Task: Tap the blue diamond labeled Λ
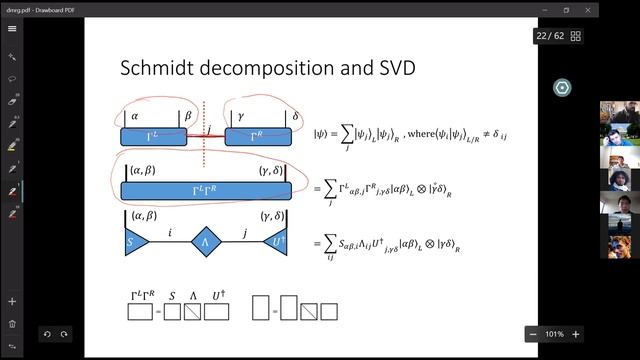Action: click(x=205, y=241)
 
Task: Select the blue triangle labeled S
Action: click(x=131, y=241)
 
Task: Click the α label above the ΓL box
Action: click(x=134, y=116)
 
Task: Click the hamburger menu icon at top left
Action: click(x=12, y=28)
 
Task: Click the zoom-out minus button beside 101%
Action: click(x=535, y=334)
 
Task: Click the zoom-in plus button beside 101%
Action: click(x=577, y=334)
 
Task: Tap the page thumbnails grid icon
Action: click(x=576, y=36)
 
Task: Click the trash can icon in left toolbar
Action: click(x=12, y=323)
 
